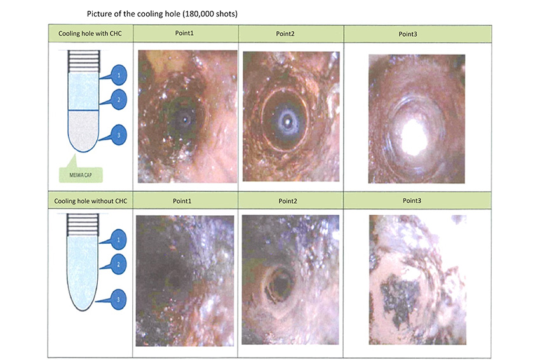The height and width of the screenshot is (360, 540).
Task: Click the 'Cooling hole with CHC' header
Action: pos(90,34)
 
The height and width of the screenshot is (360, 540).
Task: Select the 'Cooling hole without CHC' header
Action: pos(91,201)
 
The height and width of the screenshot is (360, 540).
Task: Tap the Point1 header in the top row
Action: pos(184,33)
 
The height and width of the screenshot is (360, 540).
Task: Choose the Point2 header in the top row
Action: pos(285,34)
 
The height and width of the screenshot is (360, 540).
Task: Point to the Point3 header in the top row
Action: pos(408,34)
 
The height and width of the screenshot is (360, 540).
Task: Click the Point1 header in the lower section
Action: pos(182,201)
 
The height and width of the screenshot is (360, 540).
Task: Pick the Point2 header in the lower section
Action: pos(288,201)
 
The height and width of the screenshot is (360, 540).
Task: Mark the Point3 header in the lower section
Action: pos(412,201)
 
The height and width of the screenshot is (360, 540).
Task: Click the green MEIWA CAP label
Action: pos(81,175)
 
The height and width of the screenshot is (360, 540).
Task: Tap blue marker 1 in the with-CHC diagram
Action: pos(118,75)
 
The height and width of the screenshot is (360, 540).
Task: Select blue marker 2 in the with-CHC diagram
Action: pos(118,100)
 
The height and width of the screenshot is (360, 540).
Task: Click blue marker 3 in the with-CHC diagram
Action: pos(118,135)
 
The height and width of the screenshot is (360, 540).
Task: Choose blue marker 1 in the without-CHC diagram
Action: pos(118,239)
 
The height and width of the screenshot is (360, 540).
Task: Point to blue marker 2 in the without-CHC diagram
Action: pos(118,264)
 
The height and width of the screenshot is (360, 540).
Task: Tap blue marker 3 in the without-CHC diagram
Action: pos(118,300)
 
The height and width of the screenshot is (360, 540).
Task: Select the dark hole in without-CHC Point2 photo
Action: pos(281,284)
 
